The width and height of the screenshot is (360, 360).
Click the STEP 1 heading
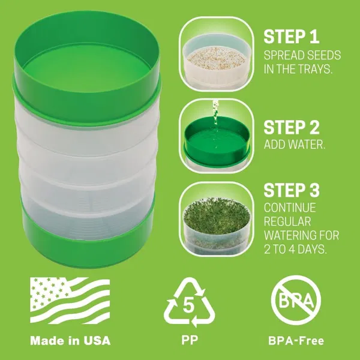click(x=292, y=37)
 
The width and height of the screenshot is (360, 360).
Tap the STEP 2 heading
click(x=292, y=127)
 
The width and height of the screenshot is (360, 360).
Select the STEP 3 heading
click(x=292, y=190)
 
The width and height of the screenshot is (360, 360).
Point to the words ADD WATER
click(x=295, y=145)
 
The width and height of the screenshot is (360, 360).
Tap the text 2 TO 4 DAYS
click(x=295, y=249)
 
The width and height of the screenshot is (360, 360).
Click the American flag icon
click(x=70, y=301)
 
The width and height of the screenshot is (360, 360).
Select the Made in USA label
click(x=70, y=340)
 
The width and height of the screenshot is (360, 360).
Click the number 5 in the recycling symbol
click(x=188, y=305)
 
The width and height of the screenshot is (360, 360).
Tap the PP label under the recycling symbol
click(x=190, y=340)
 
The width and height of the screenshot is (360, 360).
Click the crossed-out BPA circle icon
click(x=296, y=300)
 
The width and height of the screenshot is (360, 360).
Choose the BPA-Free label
click(x=296, y=340)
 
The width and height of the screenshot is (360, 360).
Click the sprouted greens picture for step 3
click(x=216, y=219)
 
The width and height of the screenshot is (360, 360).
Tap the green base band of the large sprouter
click(x=87, y=244)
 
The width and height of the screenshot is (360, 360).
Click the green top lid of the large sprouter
click(x=87, y=69)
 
